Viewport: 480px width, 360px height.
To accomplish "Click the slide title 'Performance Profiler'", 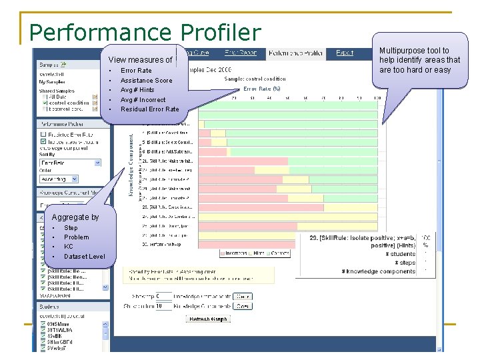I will point(145,32).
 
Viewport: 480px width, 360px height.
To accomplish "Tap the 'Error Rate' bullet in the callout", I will point(136,70).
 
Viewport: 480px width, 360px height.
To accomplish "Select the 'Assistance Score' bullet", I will point(146,80).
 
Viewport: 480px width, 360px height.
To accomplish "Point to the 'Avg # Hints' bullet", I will point(137,90).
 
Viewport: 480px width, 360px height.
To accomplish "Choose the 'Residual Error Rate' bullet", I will point(149,109).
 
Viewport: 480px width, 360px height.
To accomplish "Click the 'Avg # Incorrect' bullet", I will point(143,100).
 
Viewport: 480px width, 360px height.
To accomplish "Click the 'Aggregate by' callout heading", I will point(75,217).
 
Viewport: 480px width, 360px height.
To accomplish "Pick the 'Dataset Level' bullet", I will point(84,257).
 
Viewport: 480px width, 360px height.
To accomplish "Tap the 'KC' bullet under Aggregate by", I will point(69,247).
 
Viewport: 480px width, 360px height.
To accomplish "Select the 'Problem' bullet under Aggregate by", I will point(76,237).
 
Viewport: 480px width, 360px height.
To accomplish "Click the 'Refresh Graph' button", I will point(209,319).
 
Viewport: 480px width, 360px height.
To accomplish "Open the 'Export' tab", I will point(345,53).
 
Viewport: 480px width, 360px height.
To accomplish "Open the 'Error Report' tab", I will point(241,53).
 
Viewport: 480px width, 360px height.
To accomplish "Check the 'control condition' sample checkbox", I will point(45,103).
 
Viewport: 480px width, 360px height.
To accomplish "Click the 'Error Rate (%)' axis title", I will point(261,88).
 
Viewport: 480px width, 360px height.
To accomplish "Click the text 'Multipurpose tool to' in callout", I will point(414,51).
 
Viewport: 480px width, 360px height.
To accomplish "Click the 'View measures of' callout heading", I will point(140,60).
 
